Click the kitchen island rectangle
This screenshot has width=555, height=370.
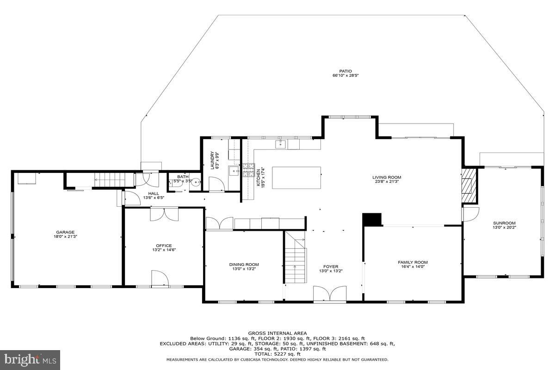(x=296, y=178)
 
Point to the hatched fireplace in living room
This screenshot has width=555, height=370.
(x=469, y=185)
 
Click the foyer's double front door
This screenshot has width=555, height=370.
(x=330, y=294)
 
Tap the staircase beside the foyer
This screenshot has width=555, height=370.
(x=295, y=261)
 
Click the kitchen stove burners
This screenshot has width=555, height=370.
(x=248, y=172)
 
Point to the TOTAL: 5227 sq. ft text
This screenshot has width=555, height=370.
(x=277, y=354)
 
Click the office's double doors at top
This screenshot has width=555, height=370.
(x=164, y=214)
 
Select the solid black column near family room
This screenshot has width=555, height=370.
(x=372, y=219)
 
